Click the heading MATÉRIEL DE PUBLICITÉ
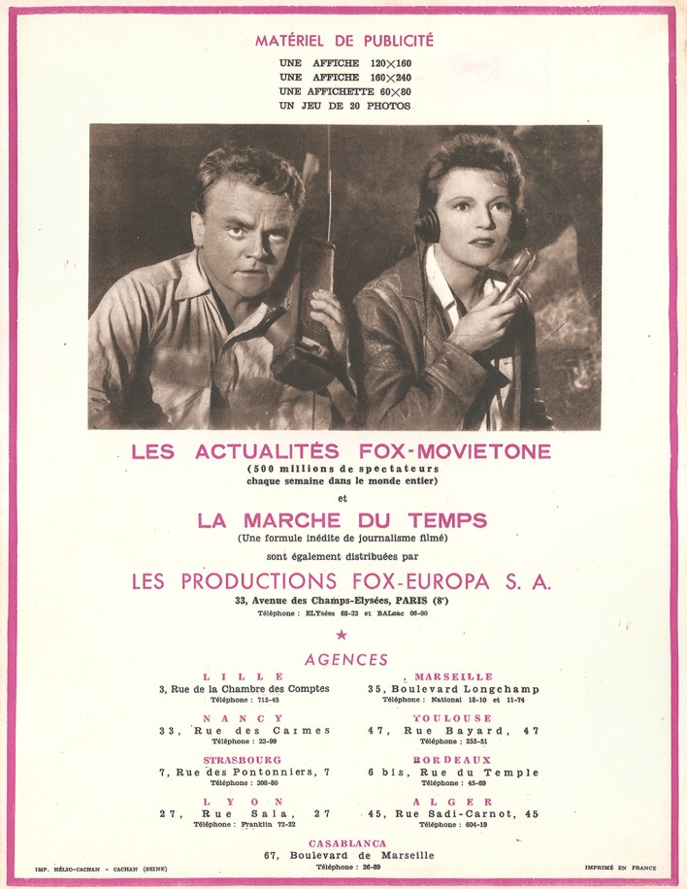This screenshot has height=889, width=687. (x=344, y=41)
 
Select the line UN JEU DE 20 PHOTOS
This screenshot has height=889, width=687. (x=344, y=105)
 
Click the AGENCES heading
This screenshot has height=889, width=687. (x=346, y=659)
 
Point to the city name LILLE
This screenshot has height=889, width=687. (x=245, y=676)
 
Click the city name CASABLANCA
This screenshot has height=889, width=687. (x=347, y=843)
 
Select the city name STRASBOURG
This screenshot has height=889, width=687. (x=243, y=760)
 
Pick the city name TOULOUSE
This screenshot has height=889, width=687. (x=452, y=718)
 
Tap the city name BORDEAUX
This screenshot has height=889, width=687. (x=452, y=760)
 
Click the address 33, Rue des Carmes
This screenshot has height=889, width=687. (x=245, y=730)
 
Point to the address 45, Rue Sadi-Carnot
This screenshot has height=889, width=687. (x=453, y=813)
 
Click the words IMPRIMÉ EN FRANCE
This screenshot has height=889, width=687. (x=620, y=868)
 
